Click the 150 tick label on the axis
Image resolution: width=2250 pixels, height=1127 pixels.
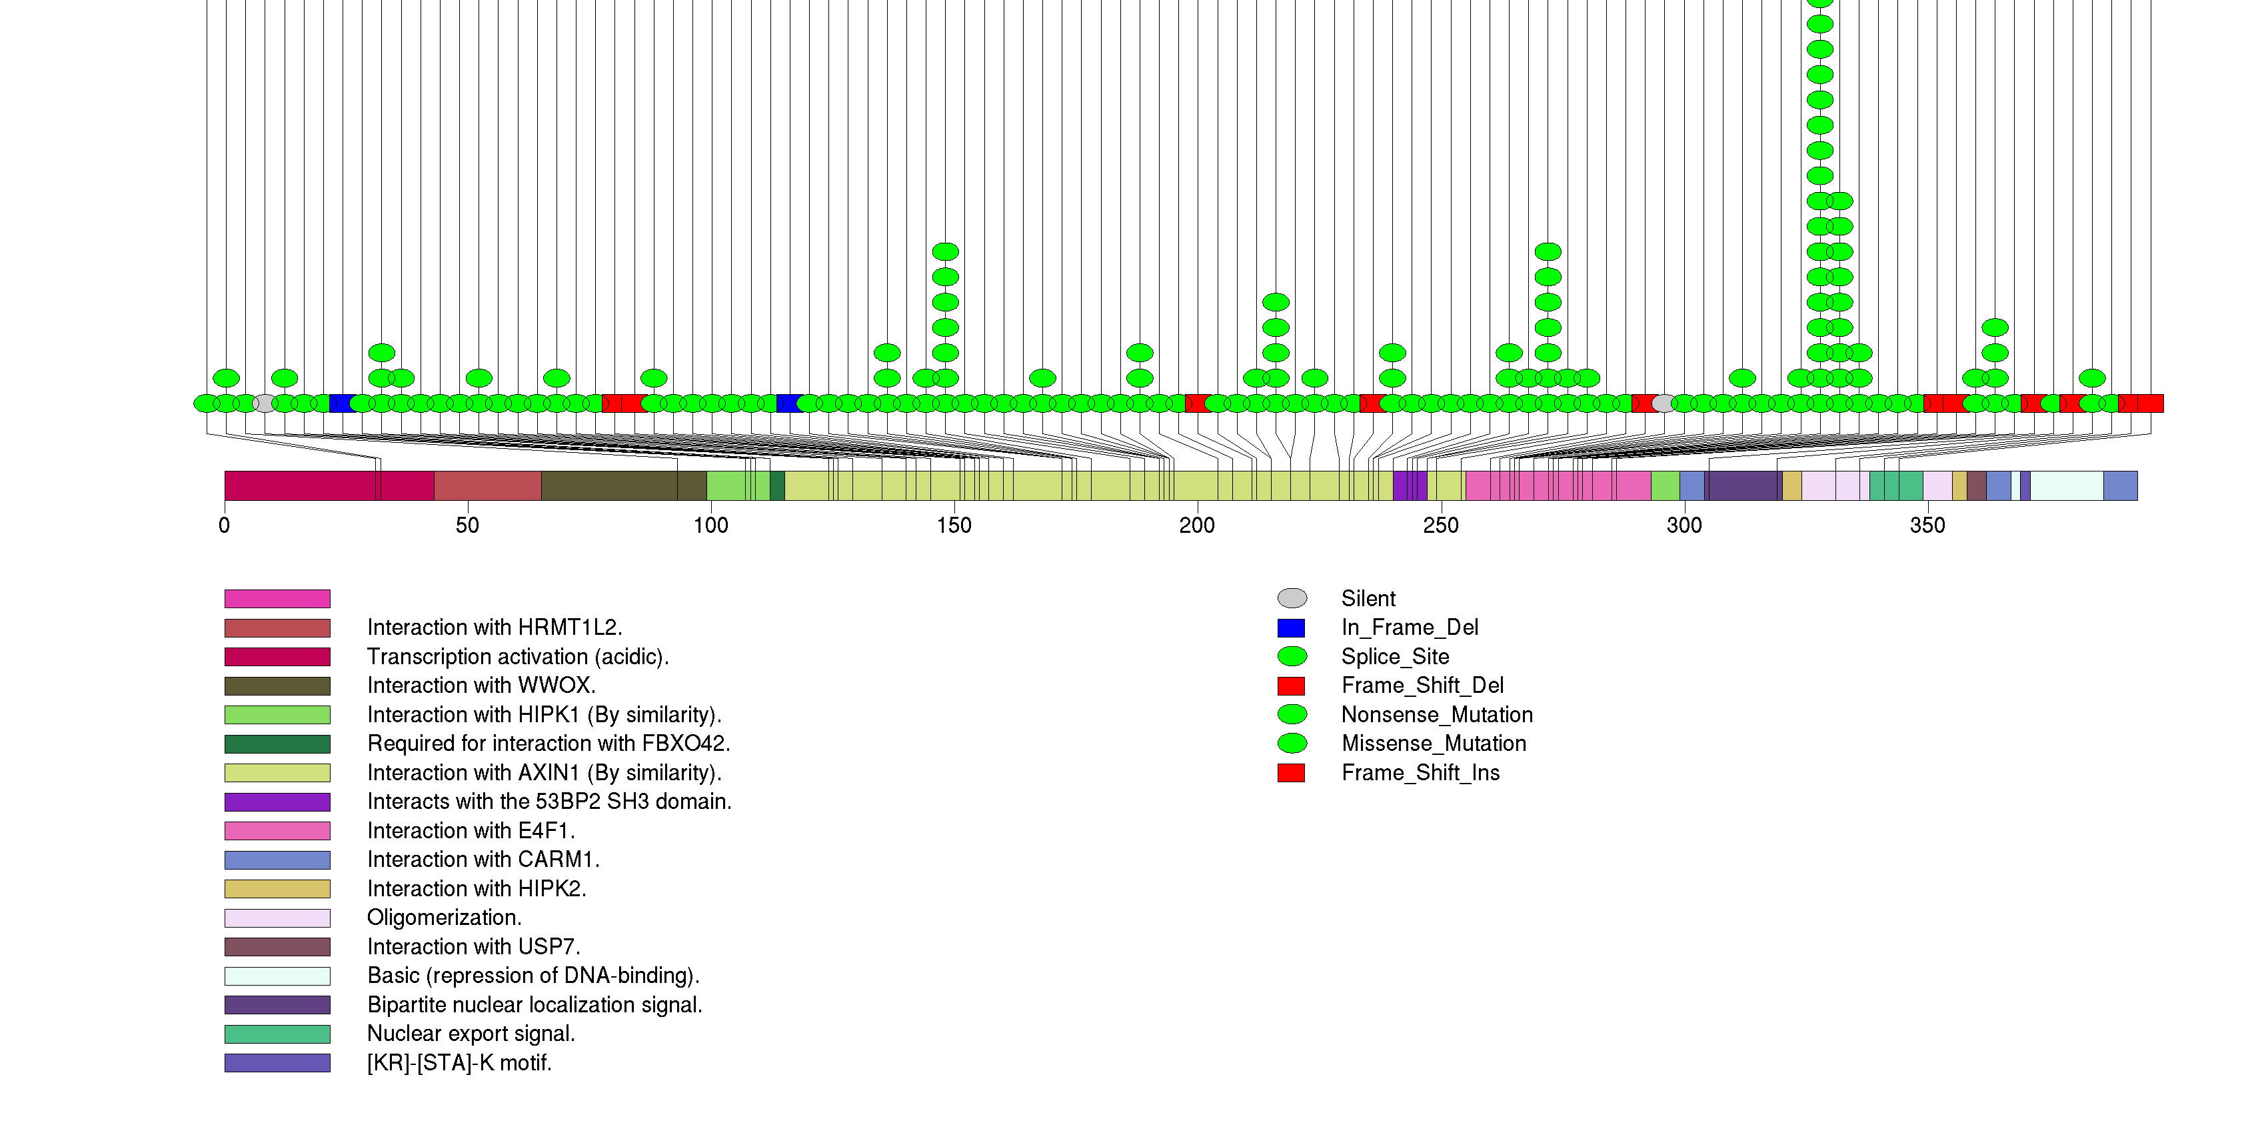[x=954, y=525]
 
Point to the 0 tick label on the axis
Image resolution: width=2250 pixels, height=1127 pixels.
[x=225, y=525]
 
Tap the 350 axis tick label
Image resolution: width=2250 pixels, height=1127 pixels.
[x=1927, y=525]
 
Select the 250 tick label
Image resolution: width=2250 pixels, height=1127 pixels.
[x=1440, y=525]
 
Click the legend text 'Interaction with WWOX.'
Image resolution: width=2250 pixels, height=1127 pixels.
[x=481, y=686]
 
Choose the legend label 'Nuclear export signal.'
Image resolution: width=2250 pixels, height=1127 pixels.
[x=471, y=1034]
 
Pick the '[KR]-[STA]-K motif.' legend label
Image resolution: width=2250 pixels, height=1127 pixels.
[x=459, y=1063]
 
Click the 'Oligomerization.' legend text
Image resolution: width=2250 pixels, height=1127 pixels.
[x=444, y=918]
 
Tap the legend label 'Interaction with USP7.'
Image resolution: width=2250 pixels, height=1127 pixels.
[x=473, y=947]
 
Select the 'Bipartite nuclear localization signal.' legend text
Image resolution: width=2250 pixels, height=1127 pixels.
[x=535, y=1005]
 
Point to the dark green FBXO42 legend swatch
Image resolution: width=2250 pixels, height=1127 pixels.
[x=277, y=744]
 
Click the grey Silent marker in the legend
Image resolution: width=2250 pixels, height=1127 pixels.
[x=1292, y=598]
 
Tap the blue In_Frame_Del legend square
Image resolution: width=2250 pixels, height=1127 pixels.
[x=1291, y=628]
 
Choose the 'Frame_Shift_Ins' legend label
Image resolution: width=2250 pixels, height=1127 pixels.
[x=1420, y=773]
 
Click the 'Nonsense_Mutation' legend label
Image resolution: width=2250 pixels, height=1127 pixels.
[x=1437, y=715]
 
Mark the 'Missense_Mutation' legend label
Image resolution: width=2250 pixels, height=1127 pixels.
[x=1434, y=744]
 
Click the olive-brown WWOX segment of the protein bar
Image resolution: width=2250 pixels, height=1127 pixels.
[x=611, y=485]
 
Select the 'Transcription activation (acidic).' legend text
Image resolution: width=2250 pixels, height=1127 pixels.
[x=518, y=657]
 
